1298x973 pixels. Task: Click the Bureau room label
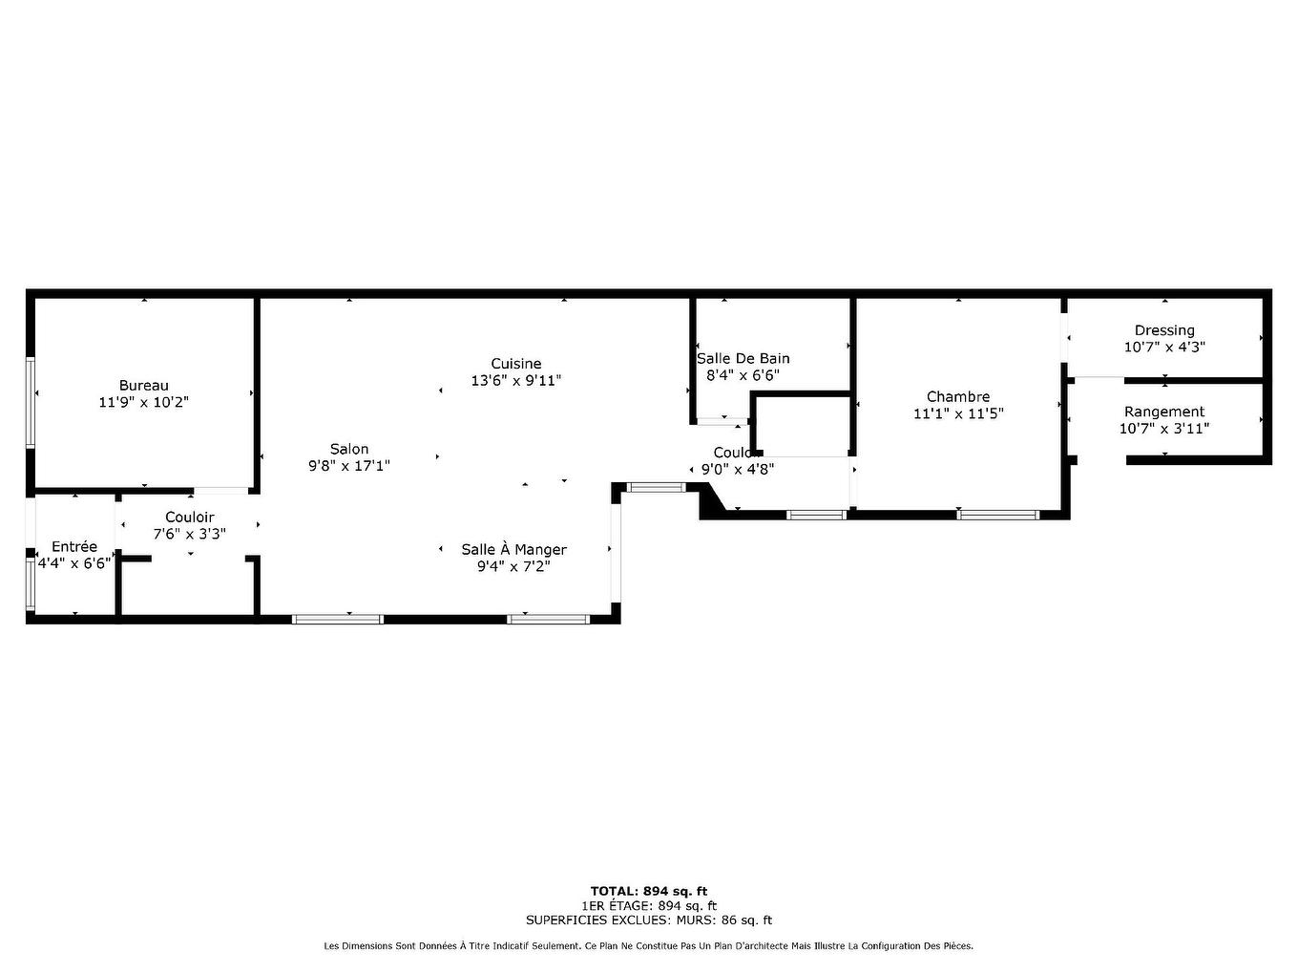(x=144, y=386)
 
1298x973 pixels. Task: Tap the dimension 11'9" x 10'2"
(x=144, y=403)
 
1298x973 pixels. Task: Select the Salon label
(x=349, y=449)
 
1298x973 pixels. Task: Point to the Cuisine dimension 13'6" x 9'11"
(x=516, y=380)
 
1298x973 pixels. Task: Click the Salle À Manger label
(x=513, y=549)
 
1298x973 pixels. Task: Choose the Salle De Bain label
(x=743, y=358)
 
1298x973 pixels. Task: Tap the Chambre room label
(x=958, y=396)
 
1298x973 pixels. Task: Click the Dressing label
(x=1164, y=330)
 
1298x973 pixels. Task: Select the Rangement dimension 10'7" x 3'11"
(x=1164, y=429)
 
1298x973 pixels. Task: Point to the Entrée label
(x=74, y=546)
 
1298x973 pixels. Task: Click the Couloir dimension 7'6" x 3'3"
(x=190, y=534)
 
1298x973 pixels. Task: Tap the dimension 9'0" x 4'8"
(x=738, y=469)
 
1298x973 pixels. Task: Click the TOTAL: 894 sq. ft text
(x=649, y=891)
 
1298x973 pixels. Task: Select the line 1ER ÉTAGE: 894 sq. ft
(x=649, y=905)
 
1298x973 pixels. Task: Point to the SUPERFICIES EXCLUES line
(x=649, y=920)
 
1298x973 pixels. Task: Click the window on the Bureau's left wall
(x=31, y=402)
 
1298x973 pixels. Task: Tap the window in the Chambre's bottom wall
(x=998, y=515)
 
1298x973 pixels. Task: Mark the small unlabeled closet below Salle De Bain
(x=802, y=426)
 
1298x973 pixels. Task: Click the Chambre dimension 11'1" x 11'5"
(x=958, y=413)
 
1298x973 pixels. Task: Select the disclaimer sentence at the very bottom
(x=649, y=946)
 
